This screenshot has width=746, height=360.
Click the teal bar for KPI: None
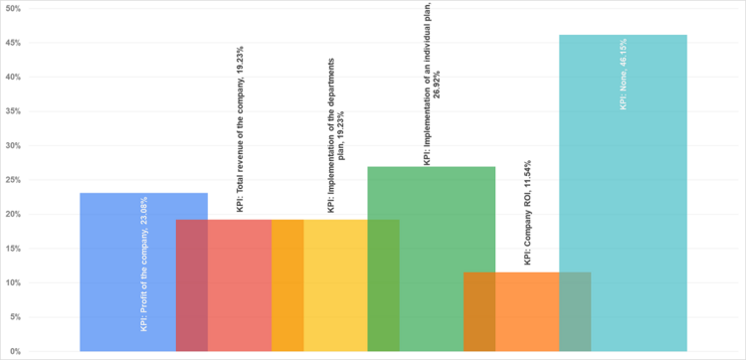pos(637,199)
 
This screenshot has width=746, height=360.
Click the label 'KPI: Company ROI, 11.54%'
pos(527,213)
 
